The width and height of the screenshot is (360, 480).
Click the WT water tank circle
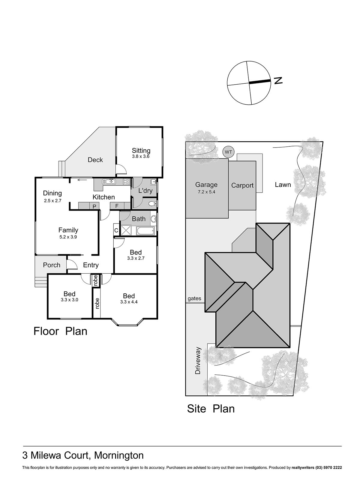[x=228, y=152]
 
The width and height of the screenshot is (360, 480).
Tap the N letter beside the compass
[x=278, y=80]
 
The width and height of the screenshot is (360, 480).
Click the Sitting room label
[x=141, y=151]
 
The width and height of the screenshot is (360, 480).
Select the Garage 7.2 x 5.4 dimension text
[x=206, y=192]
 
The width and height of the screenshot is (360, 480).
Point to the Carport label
[x=242, y=185]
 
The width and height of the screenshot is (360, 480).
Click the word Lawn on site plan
[x=283, y=184]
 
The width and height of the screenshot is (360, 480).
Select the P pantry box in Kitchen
[x=94, y=206]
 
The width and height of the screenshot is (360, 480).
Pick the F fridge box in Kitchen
[x=117, y=206]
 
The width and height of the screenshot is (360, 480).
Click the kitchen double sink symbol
[x=109, y=181]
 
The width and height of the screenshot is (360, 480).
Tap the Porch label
[x=52, y=265]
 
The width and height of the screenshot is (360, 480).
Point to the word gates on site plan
[x=194, y=298]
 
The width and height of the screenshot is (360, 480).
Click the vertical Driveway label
[x=198, y=361]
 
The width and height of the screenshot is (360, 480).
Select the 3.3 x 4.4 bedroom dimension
[x=129, y=302]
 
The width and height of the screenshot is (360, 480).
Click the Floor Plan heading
[x=60, y=331]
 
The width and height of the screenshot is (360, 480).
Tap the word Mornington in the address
[x=119, y=455]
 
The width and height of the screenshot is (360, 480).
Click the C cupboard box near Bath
[x=116, y=231]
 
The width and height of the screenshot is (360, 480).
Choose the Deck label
[x=95, y=160]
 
